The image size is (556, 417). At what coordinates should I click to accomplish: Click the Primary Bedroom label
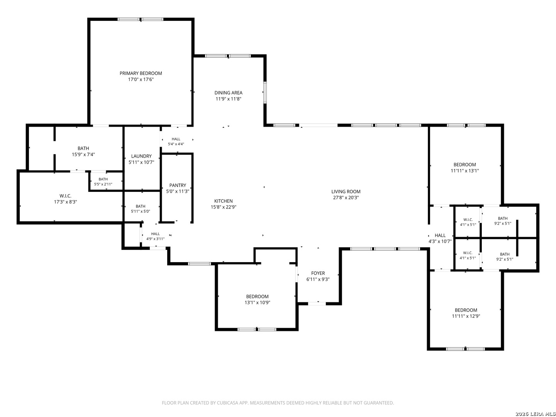click(x=141, y=73)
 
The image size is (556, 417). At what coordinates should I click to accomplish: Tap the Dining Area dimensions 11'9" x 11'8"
click(x=228, y=99)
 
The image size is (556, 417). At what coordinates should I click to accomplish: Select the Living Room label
click(x=346, y=192)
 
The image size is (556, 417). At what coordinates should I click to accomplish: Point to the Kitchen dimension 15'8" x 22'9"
click(x=224, y=207)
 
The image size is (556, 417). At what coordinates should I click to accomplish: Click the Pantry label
click(x=178, y=185)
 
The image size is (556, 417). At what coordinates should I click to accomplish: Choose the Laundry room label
click(x=141, y=156)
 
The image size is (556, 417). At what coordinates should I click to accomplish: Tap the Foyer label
click(x=318, y=273)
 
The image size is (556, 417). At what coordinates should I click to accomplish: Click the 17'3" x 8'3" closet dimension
click(x=65, y=202)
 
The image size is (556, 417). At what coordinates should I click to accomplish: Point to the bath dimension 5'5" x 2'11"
click(x=103, y=184)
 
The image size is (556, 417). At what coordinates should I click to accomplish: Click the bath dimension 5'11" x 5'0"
click(x=140, y=211)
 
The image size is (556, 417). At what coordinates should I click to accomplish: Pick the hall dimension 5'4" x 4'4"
click(x=176, y=144)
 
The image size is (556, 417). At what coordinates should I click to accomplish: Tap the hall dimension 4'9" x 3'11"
click(x=155, y=239)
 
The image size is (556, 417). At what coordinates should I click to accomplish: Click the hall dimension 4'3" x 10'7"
click(x=440, y=241)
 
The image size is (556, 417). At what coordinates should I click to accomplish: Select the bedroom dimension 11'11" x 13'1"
click(x=464, y=171)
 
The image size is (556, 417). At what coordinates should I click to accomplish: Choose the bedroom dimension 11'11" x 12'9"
click(x=466, y=316)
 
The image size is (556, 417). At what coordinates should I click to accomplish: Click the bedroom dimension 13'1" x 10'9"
click(x=258, y=302)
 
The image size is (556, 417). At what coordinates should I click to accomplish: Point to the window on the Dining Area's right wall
click(x=265, y=92)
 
